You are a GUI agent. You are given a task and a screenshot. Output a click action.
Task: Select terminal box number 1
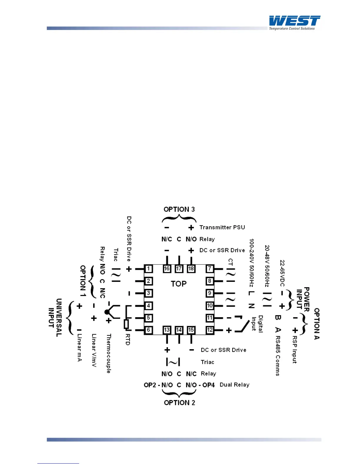pyautogui.click(x=149, y=269)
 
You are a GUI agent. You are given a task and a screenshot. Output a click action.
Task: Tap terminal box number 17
pyautogui.click(x=179, y=269)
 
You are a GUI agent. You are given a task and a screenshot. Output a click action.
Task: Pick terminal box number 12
pyautogui.click(x=210, y=330)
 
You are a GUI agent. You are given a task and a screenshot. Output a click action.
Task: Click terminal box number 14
pyautogui.click(x=179, y=330)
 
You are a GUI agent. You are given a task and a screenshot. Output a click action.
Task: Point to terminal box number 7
pyautogui.click(x=210, y=269)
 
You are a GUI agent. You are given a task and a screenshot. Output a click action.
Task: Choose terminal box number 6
pyautogui.click(x=149, y=330)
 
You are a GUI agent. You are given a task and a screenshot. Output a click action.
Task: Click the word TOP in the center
pyautogui.click(x=179, y=284)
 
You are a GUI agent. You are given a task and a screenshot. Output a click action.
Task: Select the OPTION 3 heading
pyautogui.click(x=179, y=209)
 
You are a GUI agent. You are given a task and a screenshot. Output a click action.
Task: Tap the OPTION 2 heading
pyautogui.click(x=179, y=403)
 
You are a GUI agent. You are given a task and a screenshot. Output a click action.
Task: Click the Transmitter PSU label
pyautogui.click(x=222, y=227)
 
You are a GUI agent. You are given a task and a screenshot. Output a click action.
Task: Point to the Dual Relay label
pyautogui.click(x=234, y=385)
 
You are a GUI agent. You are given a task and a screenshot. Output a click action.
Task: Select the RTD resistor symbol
pyautogui.click(x=126, y=324)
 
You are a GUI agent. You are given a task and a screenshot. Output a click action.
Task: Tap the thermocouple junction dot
pyautogui.click(x=107, y=312)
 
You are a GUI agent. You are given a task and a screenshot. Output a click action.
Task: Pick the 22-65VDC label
pyautogui.click(x=282, y=273)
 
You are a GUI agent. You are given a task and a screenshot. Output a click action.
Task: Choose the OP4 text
pyautogui.click(x=209, y=385)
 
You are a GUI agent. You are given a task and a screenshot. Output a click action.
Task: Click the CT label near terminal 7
pyautogui.click(x=231, y=262)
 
